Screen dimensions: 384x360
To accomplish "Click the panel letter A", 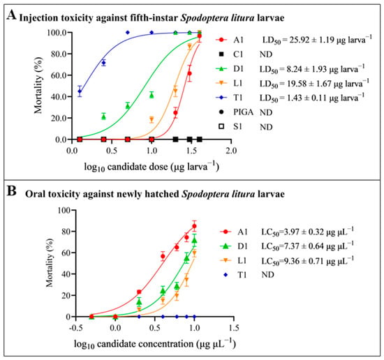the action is [11, 15].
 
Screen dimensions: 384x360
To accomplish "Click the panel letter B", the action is [11, 191].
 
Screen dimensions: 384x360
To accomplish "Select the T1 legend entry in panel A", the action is [229, 98].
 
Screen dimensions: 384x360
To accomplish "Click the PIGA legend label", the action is [243, 112].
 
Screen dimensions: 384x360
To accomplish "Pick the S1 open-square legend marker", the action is [221, 126].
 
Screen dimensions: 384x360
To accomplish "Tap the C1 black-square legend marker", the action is [221, 54].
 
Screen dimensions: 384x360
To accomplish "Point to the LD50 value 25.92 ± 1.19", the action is [317, 40].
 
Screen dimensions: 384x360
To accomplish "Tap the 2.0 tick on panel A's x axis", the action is [231, 151].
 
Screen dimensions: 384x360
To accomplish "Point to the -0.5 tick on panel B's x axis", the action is [75, 328].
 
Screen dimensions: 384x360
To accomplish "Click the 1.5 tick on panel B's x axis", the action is [234, 328].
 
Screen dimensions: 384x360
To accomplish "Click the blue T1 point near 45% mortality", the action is [80, 91].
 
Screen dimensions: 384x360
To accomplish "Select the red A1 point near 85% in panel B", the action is [194, 226].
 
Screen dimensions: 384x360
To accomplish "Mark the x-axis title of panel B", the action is [155, 344].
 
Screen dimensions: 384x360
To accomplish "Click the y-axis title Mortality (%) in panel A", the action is [38, 86].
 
